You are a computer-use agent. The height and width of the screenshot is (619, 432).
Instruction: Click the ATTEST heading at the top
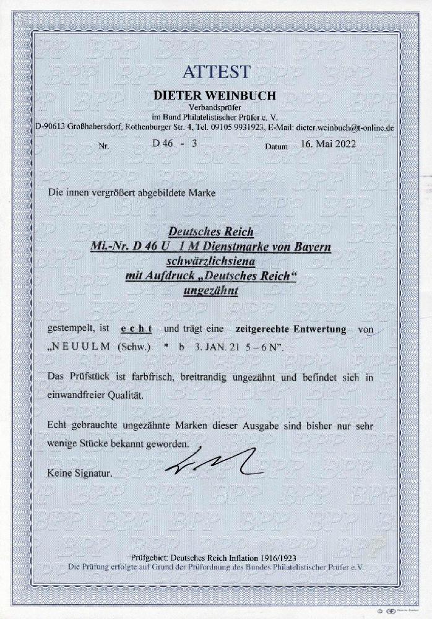(216, 72)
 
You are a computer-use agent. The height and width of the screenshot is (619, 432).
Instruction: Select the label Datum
(276, 148)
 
